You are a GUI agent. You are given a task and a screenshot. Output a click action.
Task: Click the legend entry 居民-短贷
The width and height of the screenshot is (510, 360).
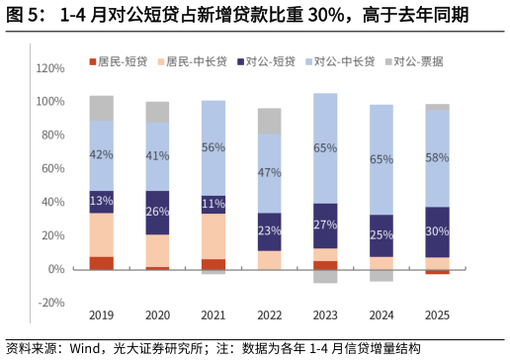(119, 61)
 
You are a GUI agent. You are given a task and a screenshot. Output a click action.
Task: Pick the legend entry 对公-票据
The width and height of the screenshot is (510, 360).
(413, 61)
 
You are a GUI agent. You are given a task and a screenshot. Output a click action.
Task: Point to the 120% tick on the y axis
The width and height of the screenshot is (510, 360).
(50, 68)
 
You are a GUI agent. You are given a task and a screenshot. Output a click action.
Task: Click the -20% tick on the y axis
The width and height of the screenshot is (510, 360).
(50, 303)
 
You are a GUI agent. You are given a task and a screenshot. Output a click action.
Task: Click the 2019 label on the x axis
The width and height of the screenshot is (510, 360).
(101, 315)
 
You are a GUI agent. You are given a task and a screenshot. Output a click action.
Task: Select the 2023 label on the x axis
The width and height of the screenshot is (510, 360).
(325, 315)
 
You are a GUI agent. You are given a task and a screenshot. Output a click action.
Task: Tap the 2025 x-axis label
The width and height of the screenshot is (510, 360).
(437, 315)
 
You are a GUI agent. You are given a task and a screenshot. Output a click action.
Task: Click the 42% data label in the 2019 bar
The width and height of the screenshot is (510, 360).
(101, 154)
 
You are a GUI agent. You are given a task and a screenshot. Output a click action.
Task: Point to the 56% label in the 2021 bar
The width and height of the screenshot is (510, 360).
(212, 147)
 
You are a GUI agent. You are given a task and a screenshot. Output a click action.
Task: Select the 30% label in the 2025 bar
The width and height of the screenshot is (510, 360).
(437, 232)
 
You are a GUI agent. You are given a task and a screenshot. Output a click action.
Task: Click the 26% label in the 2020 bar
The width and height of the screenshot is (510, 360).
(157, 212)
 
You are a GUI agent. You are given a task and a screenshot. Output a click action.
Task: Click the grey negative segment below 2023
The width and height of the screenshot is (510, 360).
(325, 276)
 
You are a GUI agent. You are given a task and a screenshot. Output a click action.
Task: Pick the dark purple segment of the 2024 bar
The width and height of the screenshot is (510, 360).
(381, 235)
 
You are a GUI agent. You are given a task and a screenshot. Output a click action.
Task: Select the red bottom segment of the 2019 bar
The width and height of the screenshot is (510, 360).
(101, 263)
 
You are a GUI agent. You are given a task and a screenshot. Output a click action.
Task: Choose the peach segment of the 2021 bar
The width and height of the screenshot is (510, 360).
(212, 236)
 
